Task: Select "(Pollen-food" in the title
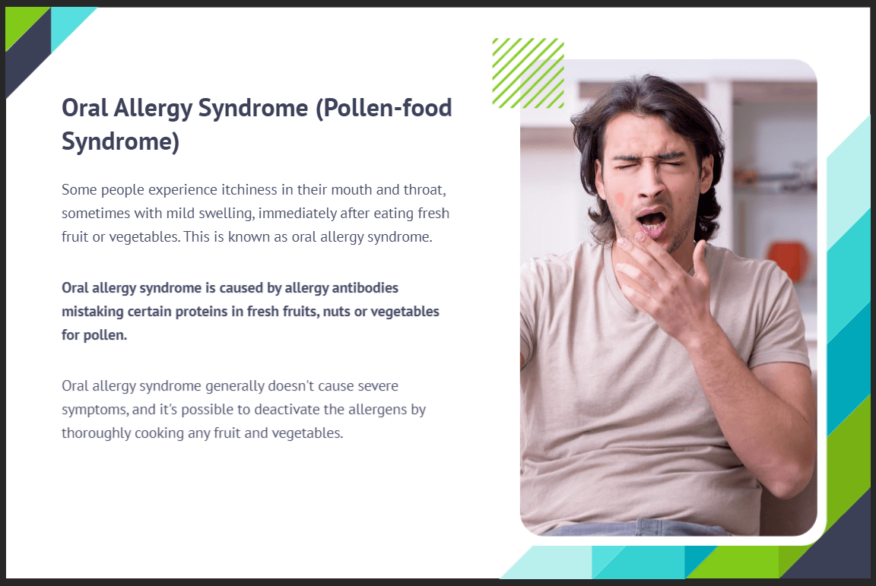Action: tap(384, 107)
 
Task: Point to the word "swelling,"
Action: tap(226, 214)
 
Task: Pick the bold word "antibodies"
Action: tap(365, 288)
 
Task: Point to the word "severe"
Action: tap(378, 386)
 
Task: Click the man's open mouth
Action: tap(652, 220)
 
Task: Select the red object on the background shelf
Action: tap(789, 259)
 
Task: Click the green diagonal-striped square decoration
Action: tap(528, 73)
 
